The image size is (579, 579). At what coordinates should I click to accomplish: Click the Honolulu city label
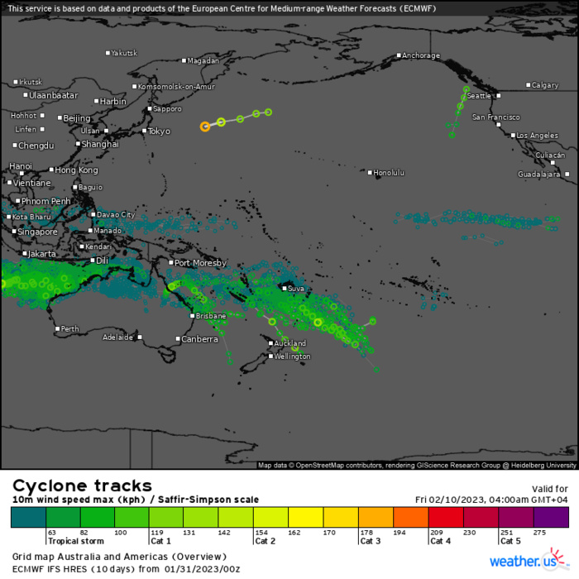(x=390, y=173)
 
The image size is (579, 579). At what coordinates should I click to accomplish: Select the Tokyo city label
(x=159, y=132)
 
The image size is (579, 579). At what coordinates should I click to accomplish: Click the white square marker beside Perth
(x=57, y=329)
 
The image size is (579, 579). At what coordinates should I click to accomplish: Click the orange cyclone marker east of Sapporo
(x=205, y=127)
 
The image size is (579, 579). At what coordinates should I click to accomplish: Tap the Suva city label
(x=296, y=289)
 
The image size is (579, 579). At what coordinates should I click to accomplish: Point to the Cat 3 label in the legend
(x=371, y=541)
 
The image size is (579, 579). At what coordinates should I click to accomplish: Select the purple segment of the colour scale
(x=552, y=518)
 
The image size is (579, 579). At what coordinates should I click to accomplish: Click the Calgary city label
(x=545, y=85)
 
